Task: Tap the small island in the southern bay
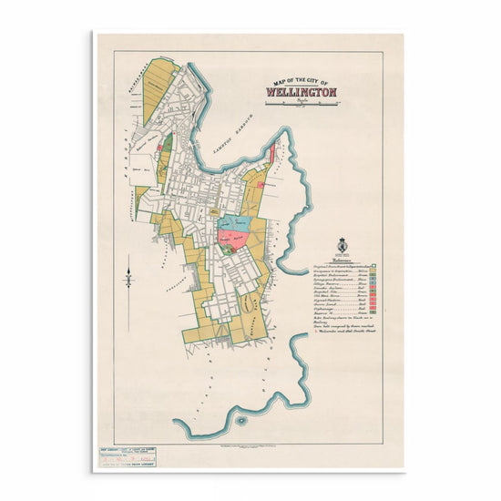click(x=240, y=421)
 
